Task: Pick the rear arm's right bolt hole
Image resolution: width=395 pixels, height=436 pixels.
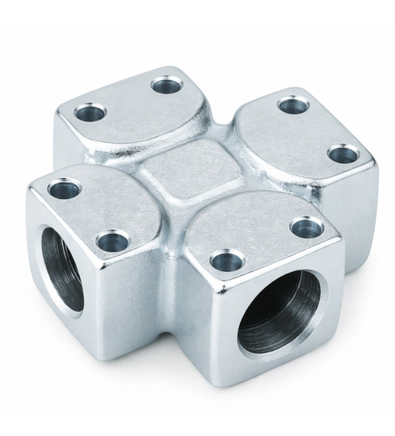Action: point(166,86)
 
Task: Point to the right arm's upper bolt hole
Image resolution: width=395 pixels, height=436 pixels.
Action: point(293,106)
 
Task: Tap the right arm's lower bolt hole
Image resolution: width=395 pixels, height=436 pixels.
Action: point(342,154)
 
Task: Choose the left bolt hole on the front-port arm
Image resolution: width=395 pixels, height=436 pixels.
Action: point(226,262)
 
